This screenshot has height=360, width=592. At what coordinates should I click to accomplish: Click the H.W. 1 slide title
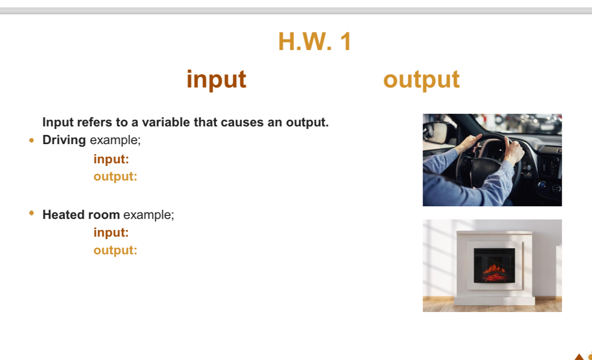coord(314,41)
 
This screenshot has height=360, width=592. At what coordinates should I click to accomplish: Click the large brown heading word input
coord(216,79)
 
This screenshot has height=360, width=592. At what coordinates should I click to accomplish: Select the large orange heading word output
coord(421,79)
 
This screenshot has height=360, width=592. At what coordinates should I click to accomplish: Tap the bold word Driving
coord(64,140)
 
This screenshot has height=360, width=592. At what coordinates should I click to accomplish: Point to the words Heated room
coord(81,214)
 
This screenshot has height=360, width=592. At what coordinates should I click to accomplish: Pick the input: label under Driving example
coord(111,159)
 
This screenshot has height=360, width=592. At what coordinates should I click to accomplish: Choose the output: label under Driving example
coord(115,176)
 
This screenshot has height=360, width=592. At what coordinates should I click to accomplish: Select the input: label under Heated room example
coord(111,233)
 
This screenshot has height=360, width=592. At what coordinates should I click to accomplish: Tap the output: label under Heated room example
coord(115,250)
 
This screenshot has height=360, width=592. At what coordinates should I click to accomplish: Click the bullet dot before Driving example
coord(32,141)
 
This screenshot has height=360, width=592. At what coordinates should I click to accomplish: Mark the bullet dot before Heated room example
coord(32,214)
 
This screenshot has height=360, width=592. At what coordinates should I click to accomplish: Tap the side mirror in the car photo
coord(436,132)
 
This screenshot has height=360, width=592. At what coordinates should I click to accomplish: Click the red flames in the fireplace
coord(494,270)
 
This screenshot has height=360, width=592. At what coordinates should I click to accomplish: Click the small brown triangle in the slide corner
coord(578,356)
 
